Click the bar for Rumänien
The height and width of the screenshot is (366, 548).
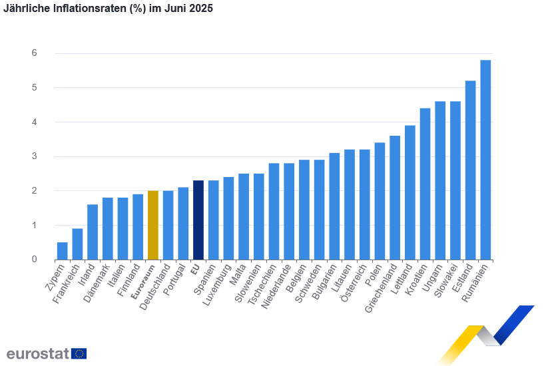click(485, 160)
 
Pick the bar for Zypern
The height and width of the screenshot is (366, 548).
click(62, 251)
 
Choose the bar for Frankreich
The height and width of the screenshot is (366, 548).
click(77, 244)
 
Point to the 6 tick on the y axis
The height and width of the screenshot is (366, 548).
click(34, 53)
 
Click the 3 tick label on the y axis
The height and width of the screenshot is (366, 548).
click(34, 156)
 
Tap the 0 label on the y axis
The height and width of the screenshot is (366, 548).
click(34, 260)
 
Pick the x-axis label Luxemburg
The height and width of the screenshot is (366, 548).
click(219, 285)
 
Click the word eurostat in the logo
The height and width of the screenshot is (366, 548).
click(37, 353)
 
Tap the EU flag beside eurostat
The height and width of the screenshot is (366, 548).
click(79, 353)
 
